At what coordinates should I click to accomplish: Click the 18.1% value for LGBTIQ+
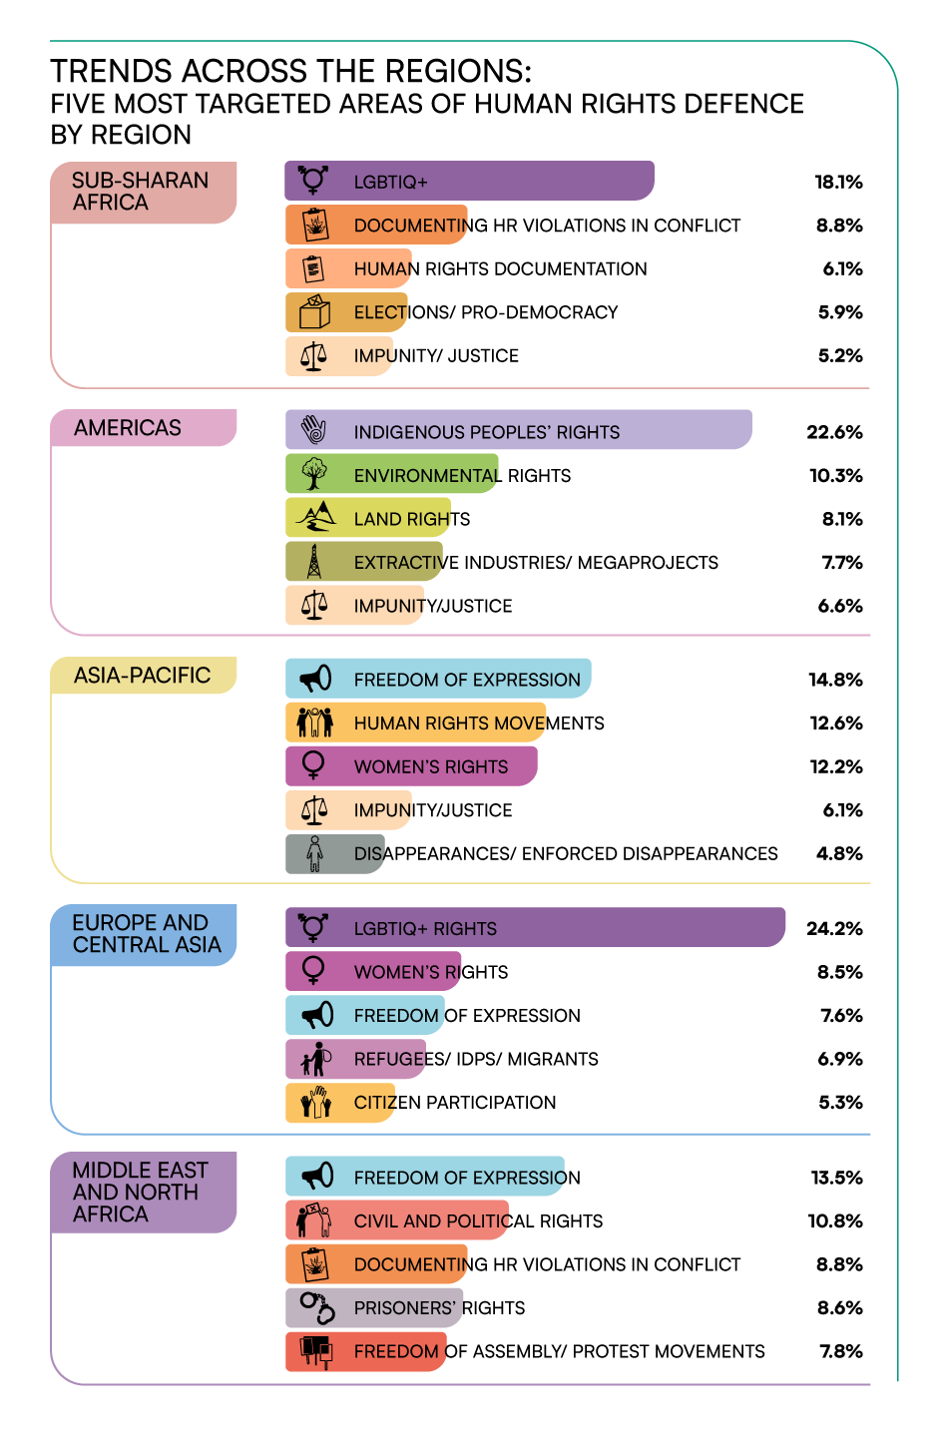click(x=838, y=182)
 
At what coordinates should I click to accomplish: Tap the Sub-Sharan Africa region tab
click(x=144, y=193)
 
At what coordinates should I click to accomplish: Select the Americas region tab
click(x=144, y=428)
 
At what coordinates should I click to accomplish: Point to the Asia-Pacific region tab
click(x=144, y=675)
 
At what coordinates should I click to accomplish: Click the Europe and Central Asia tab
click(x=144, y=934)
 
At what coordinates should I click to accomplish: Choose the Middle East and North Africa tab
click(x=144, y=1192)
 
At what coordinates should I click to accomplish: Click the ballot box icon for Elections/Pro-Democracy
click(x=314, y=311)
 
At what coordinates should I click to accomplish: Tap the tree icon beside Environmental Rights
click(x=314, y=474)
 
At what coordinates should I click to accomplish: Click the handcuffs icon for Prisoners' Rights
click(x=317, y=1307)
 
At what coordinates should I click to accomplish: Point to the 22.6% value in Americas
click(x=834, y=432)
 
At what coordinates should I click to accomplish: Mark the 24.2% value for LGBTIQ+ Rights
click(x=834, y=929)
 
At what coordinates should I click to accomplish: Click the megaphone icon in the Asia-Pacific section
click(x=315, y=679)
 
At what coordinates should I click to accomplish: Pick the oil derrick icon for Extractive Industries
click(x=314, y=562)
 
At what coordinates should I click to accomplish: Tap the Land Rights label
click(x=412, y=519)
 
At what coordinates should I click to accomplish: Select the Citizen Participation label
click(x=455, y=1102)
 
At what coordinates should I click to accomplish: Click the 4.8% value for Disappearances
click(x=839, y=853)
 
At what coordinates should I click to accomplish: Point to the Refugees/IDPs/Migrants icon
click(x=316, y=1059)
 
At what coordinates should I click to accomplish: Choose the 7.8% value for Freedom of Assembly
click(x=841, y=1351)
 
